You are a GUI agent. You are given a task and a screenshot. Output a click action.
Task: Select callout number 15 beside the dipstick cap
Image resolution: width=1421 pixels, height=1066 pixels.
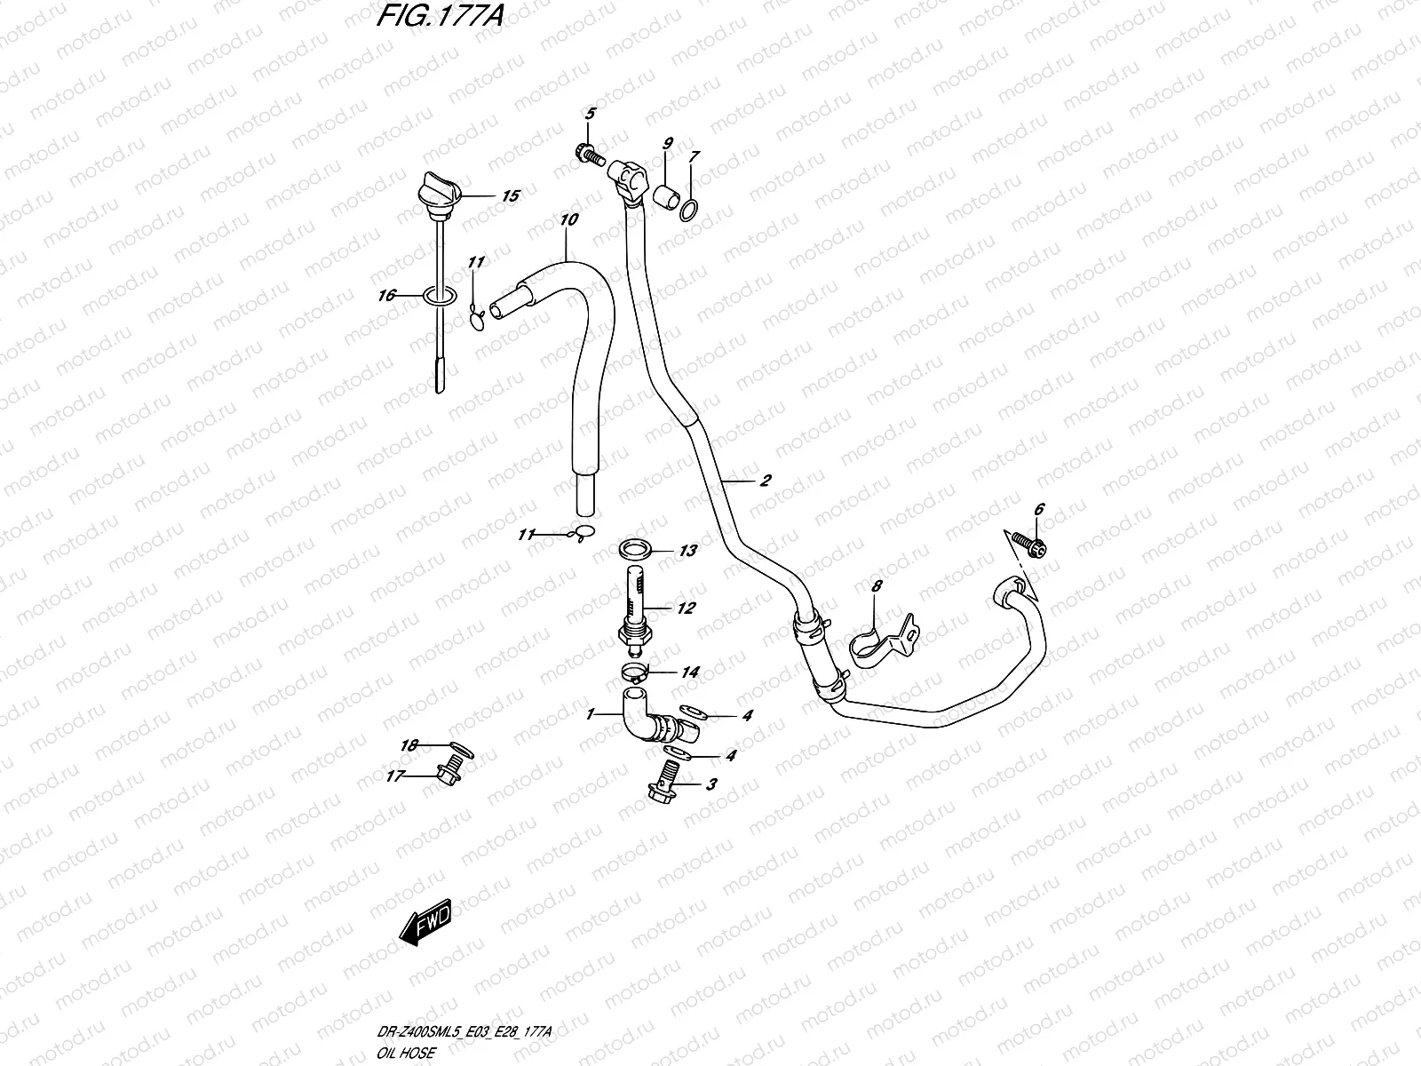coord(510,196)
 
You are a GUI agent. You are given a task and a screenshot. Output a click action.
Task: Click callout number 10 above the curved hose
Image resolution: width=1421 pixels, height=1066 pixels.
coord(569,218)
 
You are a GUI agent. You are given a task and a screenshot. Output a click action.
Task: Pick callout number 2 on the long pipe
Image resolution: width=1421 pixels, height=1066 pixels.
coord(765,481)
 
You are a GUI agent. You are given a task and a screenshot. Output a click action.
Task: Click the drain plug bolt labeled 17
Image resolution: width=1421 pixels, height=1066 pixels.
coord(451,774)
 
